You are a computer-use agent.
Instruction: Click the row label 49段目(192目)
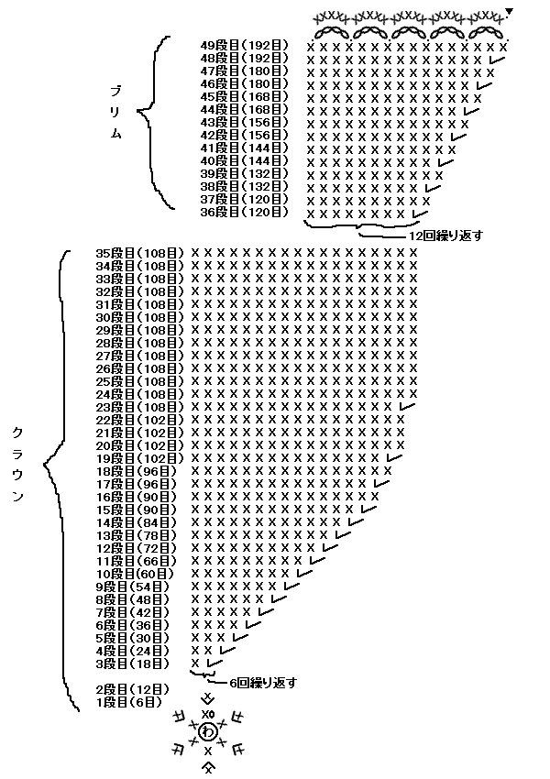[244, 45]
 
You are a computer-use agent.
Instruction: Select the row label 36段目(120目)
[244, 212]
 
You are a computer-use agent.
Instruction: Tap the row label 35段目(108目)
[140, 252]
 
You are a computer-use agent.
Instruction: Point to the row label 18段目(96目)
[137, 470]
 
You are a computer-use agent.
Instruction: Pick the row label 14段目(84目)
[137, 521]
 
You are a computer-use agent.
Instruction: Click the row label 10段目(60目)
[137, 573]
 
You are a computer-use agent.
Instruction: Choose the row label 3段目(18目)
[133, 663]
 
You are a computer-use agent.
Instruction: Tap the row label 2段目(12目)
[133, 688]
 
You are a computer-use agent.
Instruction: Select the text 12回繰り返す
[445, 236]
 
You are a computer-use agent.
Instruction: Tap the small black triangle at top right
[510, 12]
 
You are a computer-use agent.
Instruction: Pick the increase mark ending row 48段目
[498, 60]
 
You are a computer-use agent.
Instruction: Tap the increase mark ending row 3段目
[213, 663]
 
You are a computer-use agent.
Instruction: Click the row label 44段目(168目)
[244, 109]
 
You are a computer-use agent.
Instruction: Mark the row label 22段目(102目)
[140, 419]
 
